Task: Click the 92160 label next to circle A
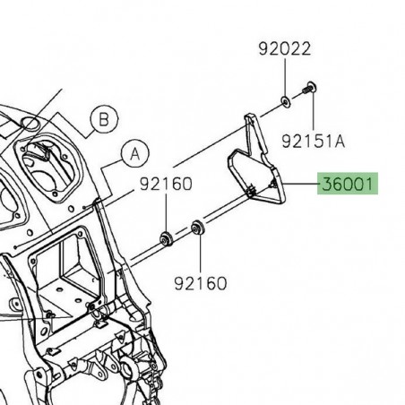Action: click(x=165, y=186)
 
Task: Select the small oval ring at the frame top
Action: click(x=32, y=121)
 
